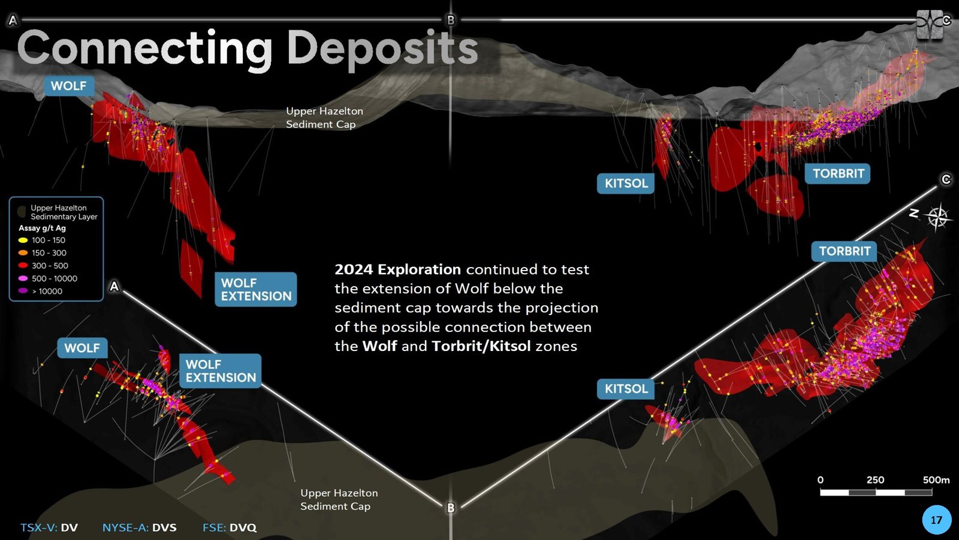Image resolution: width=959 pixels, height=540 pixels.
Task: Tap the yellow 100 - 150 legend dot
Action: click(x=23, y=241)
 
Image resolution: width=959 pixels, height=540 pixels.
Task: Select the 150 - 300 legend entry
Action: click(x=43, y=253)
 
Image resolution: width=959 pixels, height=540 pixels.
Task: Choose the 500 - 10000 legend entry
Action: click(x=48, y=278)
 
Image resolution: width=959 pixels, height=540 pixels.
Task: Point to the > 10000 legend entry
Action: click(x=40, y=292)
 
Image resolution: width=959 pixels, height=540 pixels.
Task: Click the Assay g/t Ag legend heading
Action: click(x=42, y=228)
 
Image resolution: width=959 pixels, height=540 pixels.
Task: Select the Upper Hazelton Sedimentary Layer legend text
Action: click(x=64, y=212)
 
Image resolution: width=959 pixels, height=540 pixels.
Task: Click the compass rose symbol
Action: click(x=937, y=217)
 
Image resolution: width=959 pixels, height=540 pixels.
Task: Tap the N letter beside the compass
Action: click(x=914, y=213)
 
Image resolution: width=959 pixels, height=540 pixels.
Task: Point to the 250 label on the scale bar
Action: click(x=875, y=480)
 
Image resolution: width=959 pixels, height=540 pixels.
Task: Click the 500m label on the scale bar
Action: click(x=936, y=480)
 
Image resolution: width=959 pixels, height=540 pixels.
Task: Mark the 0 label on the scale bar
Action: click(x=821, y=480)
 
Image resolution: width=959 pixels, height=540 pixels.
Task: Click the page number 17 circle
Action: click(x=936, y=520)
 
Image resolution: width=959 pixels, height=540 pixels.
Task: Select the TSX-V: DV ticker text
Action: click(x=49, y=527)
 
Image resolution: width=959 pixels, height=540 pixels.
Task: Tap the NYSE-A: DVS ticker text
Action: click(x=140, y=527)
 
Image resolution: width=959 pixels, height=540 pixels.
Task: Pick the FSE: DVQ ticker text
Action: click(x=230, y=527)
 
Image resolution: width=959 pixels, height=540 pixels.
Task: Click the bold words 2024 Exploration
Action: click(x=398, y=269)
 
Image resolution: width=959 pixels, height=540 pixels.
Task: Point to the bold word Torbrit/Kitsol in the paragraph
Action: click(x=481, y=346)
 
